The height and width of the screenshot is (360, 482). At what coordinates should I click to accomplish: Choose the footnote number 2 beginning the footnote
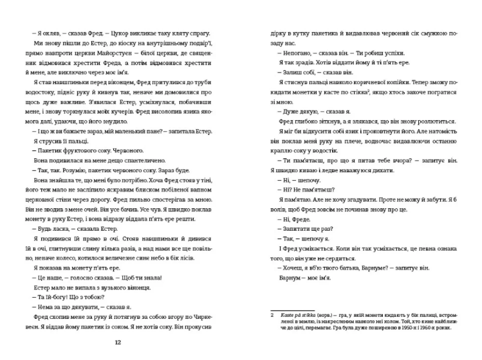[272, 316]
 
